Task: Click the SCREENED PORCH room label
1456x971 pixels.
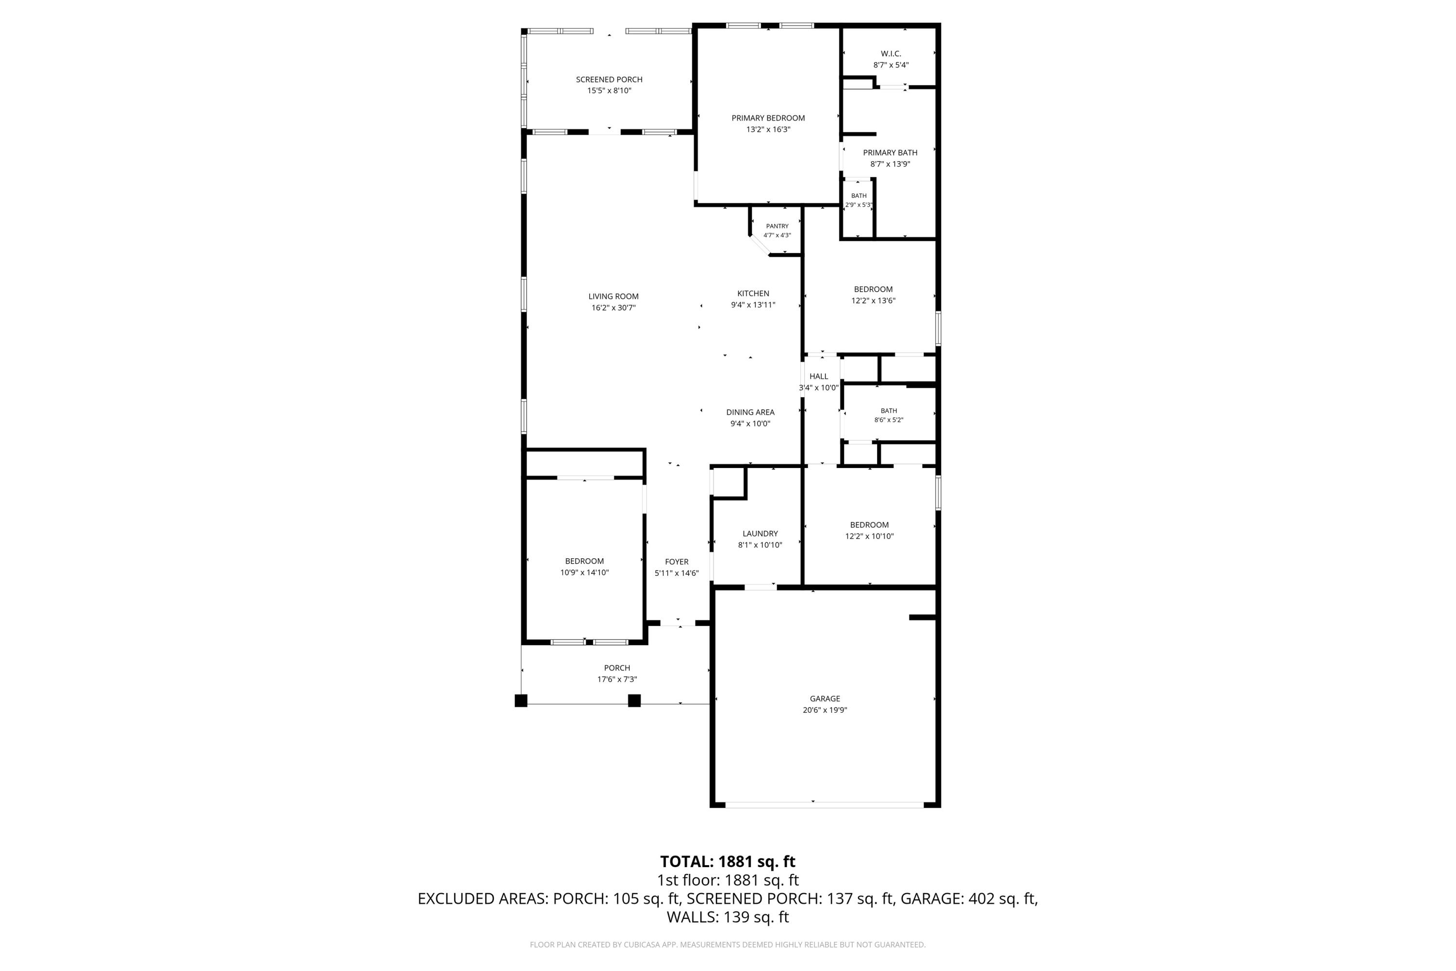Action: [x=609, y=79]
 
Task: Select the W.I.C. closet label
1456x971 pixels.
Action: [x=891, y=54]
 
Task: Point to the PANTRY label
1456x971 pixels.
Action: [x=777, y=226]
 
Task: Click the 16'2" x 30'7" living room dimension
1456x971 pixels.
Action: [x=613, y=308]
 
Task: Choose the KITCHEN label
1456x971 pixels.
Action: [x=753, y=294]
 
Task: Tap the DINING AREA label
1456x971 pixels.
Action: [x=750, y=412]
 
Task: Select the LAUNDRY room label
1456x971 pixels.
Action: [x=760, y=534]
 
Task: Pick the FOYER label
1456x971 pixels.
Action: [x=677, y=562]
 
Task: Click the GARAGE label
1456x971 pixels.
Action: [x=825, y=699]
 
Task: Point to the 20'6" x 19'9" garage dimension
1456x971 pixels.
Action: [x=825, y=710]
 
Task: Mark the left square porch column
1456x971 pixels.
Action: [x=521, y=701]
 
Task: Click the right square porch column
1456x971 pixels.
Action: [x=634, y=701]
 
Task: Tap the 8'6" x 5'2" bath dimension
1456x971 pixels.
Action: [x=888, y=420]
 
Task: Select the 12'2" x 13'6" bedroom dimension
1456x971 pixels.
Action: [x=873, y=301]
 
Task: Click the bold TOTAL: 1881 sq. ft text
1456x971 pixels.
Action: [x=728, y=861]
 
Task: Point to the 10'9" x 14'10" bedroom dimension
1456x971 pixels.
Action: [x=584, y=573]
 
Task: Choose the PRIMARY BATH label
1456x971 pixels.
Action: [x=890, y=153]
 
